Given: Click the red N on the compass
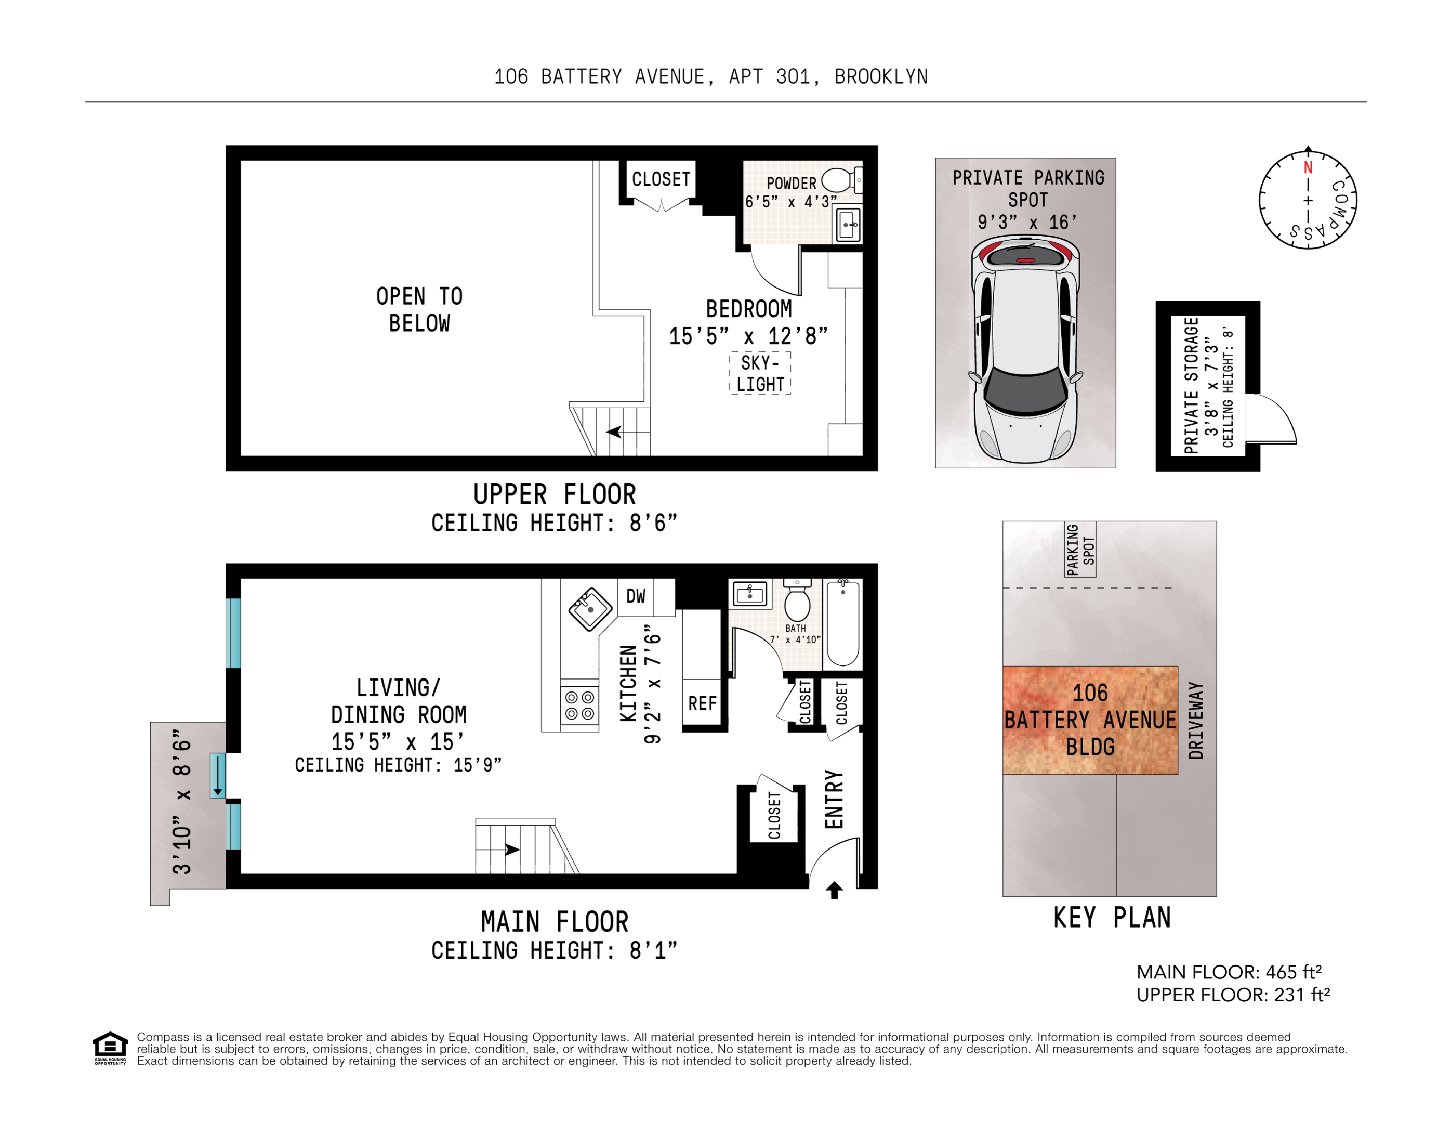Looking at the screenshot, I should coord(1308,167).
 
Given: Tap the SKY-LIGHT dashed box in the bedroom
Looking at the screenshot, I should coord(760,373).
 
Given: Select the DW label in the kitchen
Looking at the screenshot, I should coord(636,596).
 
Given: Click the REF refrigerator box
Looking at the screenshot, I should coord(702,703).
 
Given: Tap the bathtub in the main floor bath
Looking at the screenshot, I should coord(842,623).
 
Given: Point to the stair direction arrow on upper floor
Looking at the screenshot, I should coord(615,432).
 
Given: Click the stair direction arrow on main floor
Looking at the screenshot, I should coord(511,849).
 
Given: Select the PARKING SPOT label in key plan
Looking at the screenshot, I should coord(1079,549).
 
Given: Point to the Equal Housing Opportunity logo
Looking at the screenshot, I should coord(110,1047).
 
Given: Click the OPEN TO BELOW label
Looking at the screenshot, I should coord(419,310).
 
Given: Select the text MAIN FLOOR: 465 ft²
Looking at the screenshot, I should coord(1229,972).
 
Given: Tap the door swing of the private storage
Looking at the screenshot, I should coord(1270,419).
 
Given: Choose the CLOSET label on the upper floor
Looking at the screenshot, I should coord(661,179).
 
